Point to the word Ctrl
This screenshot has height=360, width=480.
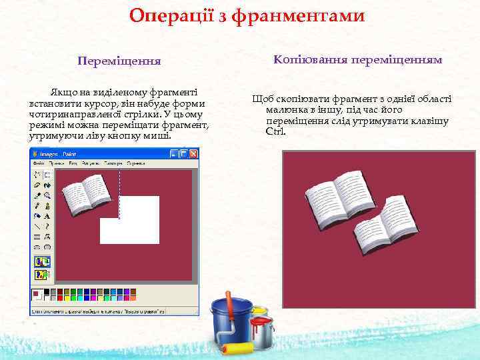(x=275, y=131)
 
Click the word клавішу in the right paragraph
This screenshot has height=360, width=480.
(x=429, y=121)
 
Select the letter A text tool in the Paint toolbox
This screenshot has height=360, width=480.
(x=47, y=215)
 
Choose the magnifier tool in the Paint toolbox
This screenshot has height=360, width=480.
(x=47, y=195)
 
